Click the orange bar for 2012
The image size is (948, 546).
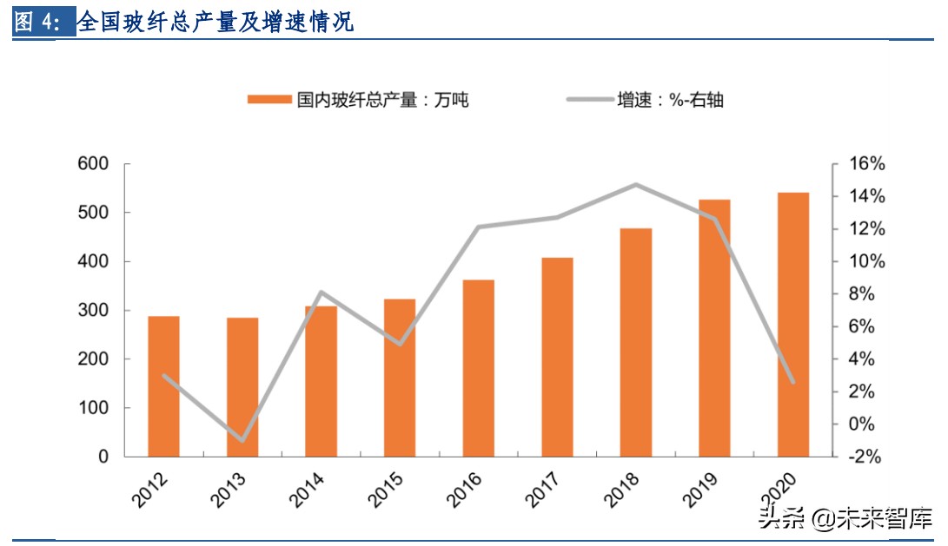point(163,386)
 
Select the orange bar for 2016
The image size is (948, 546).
point(478,368)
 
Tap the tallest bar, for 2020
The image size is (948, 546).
point(792,325)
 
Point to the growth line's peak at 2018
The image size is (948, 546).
point(635,185)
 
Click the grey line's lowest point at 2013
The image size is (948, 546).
point(242,440)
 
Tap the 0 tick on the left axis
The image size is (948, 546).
point(103,457)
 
